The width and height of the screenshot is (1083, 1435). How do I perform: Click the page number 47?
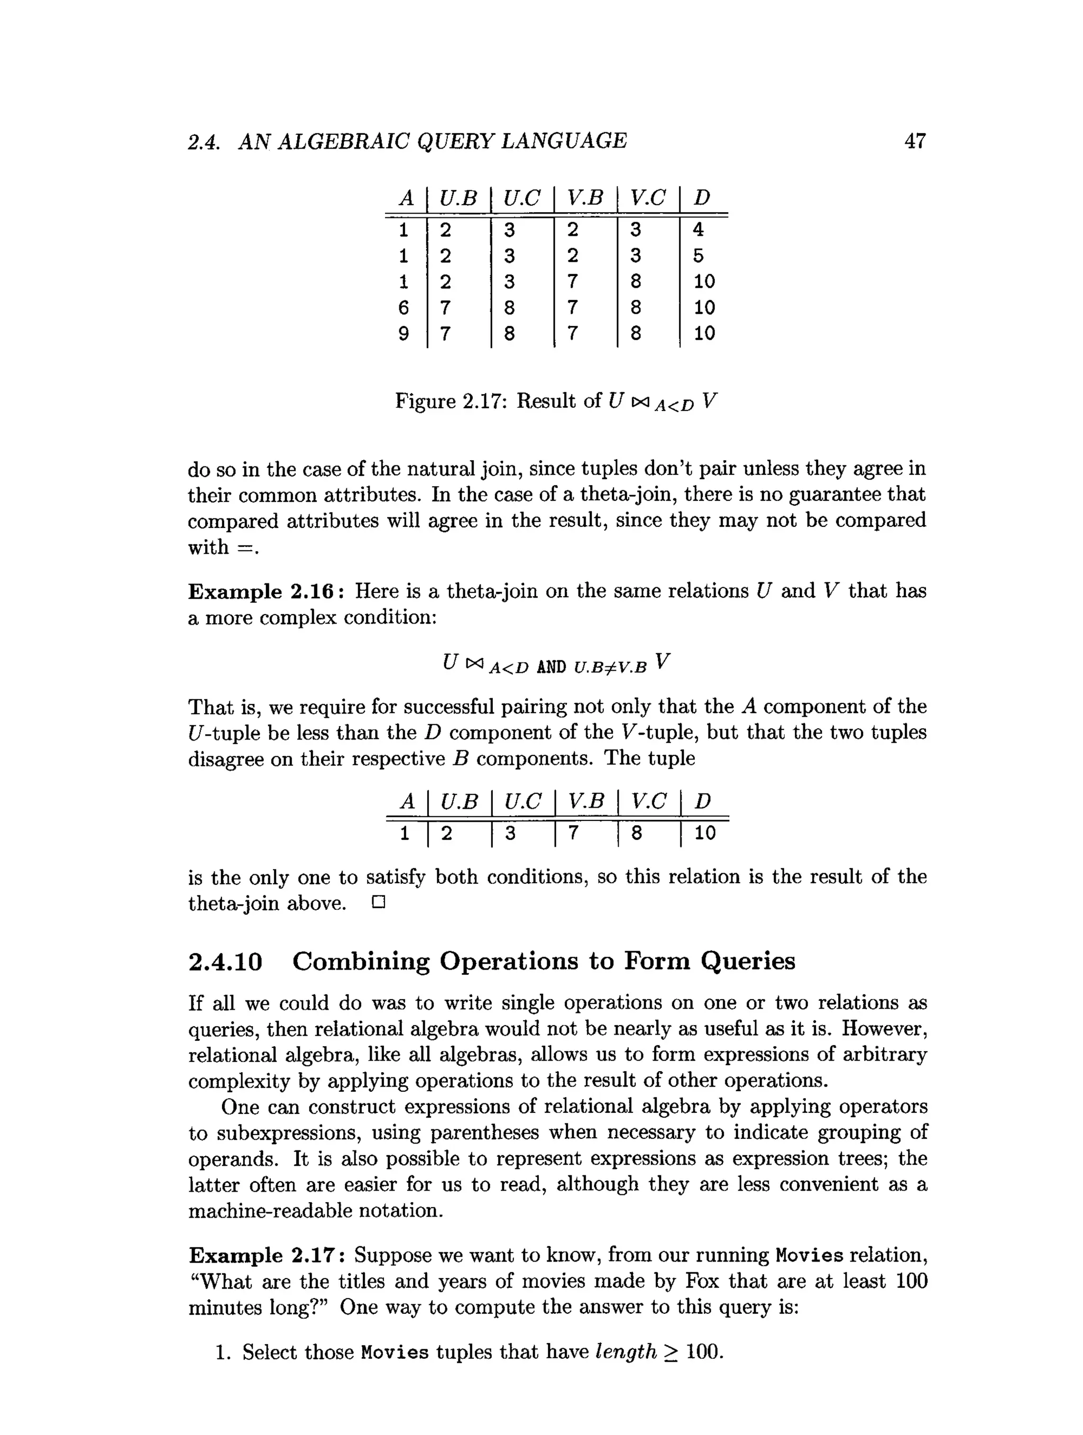[914, 141]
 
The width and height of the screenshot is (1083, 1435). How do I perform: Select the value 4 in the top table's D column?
[698, 229]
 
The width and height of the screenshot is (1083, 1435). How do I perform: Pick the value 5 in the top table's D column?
[698, 255]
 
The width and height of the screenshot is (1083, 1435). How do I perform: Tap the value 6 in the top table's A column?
[403, 307]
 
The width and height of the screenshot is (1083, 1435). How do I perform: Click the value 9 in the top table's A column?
[403, 333]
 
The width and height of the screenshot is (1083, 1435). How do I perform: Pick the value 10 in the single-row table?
[704, 833]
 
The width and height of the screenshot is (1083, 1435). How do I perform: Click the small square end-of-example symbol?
[379, 902]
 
